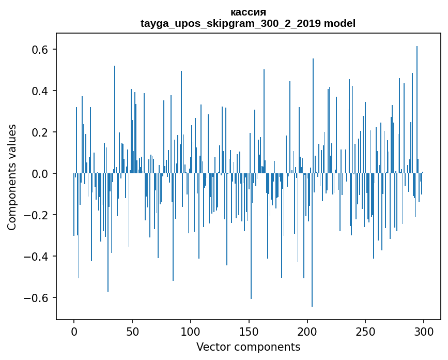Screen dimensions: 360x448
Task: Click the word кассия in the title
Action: [248, 12]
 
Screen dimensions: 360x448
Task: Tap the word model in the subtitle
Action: [339, 23]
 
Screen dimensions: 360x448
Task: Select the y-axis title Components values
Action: [12, 177]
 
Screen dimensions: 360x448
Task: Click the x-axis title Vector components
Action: [248, 347]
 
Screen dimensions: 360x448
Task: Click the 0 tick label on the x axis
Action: [74, 332]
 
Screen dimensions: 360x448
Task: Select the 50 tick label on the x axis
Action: [132, 332]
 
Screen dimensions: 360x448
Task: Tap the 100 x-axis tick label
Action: [191, 332]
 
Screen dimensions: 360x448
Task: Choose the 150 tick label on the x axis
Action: [249, 332]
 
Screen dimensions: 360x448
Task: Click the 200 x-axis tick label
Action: [307, 332]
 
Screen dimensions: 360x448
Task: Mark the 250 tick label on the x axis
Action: [365, 332]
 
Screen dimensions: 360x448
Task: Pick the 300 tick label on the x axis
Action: [424, 332]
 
